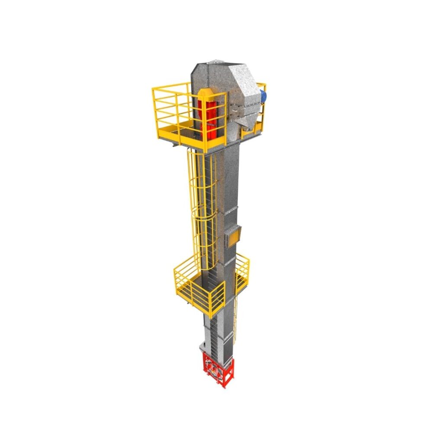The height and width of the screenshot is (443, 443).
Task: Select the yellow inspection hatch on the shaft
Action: pos(233,236)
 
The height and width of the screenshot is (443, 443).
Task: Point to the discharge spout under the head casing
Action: pos(244,124)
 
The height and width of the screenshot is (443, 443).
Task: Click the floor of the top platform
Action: pos(182,132)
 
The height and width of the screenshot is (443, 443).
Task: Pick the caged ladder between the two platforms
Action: pos(200,208)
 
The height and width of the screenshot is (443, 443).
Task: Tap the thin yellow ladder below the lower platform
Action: pos(235,320)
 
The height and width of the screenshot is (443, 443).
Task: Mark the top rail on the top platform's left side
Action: pos(171,86)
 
